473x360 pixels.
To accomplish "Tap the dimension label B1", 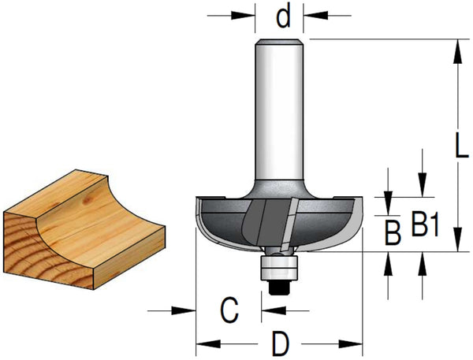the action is [x=425, y=224].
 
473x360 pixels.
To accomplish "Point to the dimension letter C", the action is [x=229, y=310].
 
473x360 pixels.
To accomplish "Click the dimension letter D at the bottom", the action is [x=281, y=343].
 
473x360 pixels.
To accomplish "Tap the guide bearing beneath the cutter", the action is [x=279, y=267].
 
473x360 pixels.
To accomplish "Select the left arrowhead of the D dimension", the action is [x=208, y=343].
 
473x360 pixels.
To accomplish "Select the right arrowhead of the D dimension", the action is [x=350, y=343].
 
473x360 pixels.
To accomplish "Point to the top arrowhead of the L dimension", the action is [x=458, y=51].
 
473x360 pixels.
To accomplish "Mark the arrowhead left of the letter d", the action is [x=243, y=15].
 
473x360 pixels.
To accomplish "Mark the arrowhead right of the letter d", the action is [x=315, y=15].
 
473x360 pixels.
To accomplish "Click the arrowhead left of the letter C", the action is [x=184, y=310].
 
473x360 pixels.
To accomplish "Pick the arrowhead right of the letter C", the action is [x=274, y=310].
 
